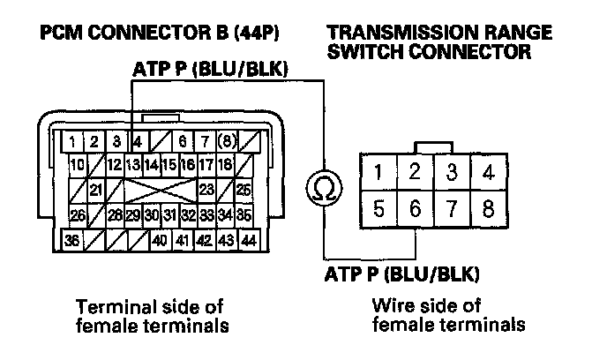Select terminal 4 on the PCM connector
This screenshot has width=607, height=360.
pyautogui.click(x=137, y=140)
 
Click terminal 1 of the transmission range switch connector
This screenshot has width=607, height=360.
pyautogui.click(x=378, y=171)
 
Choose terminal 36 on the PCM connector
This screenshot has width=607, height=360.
pyautogui.click(x=74, y=239)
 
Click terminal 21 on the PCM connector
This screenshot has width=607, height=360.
pyautogui.click(x=95, y=189)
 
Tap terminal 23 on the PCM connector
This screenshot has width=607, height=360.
pyautogui.click(x=207, y=189)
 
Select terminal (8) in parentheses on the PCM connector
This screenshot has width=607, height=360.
pyautogui.click(x=228, y=140)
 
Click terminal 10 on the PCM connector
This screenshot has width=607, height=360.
pyautogui.click(x=77, y=164)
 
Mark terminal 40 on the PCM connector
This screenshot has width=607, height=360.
pyautogui.click(x=160, y=239)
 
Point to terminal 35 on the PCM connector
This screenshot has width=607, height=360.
pyautogui.click(x=245, y=214)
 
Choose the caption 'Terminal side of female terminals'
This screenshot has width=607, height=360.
pyautogui.click(x=150, y=315)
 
